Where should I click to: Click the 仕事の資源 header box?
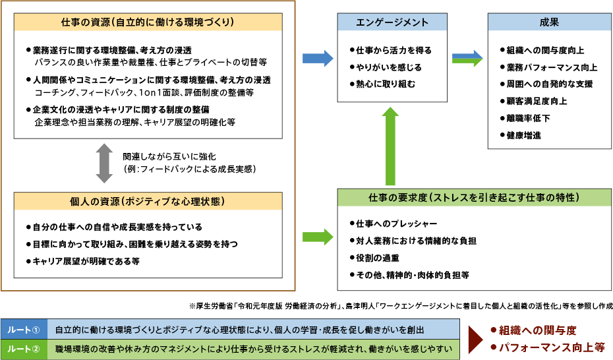pos(148,22)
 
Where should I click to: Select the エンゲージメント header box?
pos(392,22)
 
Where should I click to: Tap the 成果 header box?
pos(549,22)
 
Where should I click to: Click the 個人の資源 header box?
pos(148,201)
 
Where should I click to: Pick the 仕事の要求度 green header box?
pos(474,197)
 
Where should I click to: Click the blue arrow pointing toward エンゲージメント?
pos(318,59)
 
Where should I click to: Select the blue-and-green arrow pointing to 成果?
pos(467,59)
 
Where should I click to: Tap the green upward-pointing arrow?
pos(391,146)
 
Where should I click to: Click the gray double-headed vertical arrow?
pos(105,163)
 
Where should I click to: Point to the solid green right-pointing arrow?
pos(318,237)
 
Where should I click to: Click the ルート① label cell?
pos(24,330)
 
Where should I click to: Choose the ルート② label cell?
pos(24,349)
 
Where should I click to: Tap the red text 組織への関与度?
pos(537,330)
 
